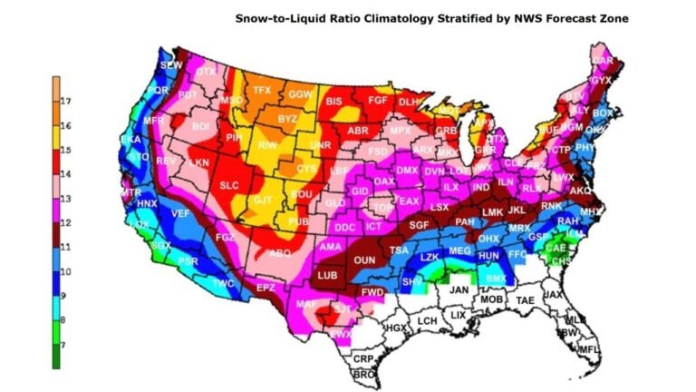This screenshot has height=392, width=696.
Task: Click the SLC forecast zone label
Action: (227, 185)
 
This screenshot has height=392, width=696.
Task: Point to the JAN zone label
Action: (459, 290)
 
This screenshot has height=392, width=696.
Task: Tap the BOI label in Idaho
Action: (201, 126)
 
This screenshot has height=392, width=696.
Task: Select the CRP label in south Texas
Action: (362, 359)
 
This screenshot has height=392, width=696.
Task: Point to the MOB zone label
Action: (491, 299)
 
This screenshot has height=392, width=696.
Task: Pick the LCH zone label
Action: (427, 321)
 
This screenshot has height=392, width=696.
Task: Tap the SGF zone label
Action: (419, 224)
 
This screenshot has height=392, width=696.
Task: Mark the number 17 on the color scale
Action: (66, 100)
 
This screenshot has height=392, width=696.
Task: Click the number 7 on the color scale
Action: (66, 345)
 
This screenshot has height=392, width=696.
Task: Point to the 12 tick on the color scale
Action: (66, 222)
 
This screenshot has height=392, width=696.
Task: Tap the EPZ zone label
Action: (265, 288)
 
